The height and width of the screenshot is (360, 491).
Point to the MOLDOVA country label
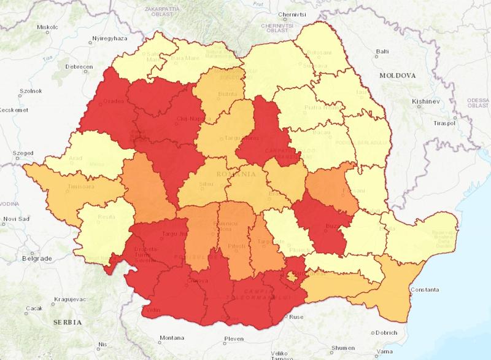click(x=398, y=74)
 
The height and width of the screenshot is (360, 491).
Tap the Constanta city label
click(x=424, y=289)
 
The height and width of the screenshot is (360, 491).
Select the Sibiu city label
click(x=200, y=182)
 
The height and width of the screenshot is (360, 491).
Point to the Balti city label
click(x=382, y=52)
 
